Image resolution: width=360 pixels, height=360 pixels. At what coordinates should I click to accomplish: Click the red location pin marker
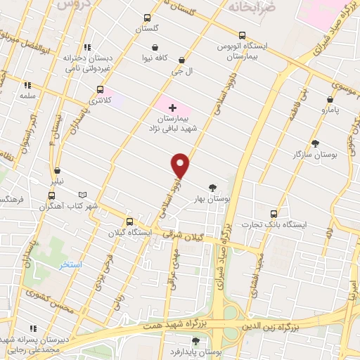(x=181, y=165)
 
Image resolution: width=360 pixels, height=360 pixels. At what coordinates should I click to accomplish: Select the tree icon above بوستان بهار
(x=212, y=187)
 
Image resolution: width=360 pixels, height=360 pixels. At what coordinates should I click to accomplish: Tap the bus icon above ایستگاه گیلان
(x=128, y=221)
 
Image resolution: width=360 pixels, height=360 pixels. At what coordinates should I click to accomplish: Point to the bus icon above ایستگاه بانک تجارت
(x=274, y=213)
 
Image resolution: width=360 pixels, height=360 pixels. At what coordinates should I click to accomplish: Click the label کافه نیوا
(x=154, y=59)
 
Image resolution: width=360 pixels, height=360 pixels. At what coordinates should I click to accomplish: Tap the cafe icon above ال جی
(x=183, y=60)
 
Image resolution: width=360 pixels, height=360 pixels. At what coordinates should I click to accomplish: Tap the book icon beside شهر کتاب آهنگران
(x=83, y=194)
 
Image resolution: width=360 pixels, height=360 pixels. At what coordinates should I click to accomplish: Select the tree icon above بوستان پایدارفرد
(x=195, y=341)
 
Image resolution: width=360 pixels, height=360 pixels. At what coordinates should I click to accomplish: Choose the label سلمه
(x=28, y=95)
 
